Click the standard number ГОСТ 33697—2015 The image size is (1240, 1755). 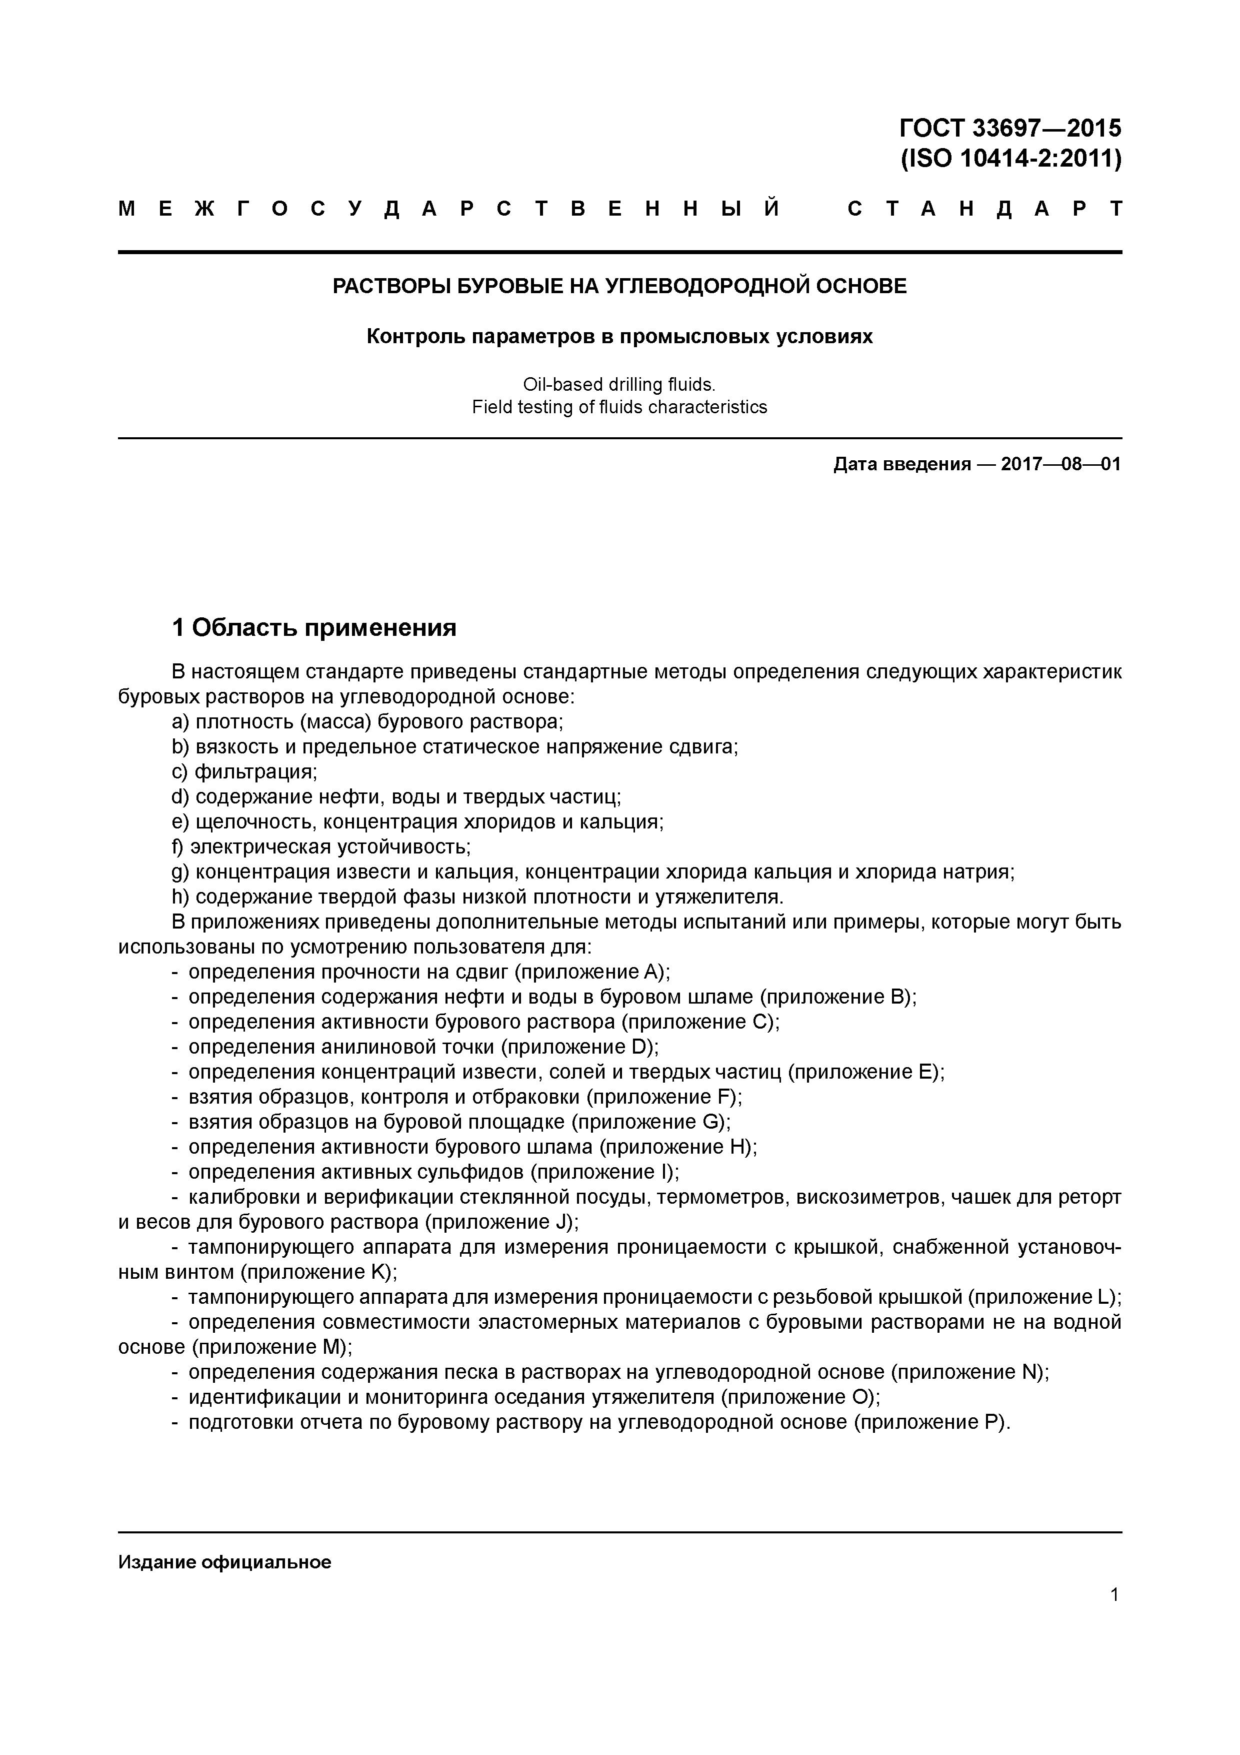[x=1010, y=127]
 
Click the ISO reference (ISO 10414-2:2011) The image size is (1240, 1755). [x=1010, y=159]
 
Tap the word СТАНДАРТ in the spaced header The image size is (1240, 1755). [x=984, y=209]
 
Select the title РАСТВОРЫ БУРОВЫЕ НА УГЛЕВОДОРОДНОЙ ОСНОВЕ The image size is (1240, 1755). [x=619, y=287]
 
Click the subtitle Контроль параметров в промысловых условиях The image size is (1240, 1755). [x=619, y=336]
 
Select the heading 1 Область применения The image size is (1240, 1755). [x=314, y=627]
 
